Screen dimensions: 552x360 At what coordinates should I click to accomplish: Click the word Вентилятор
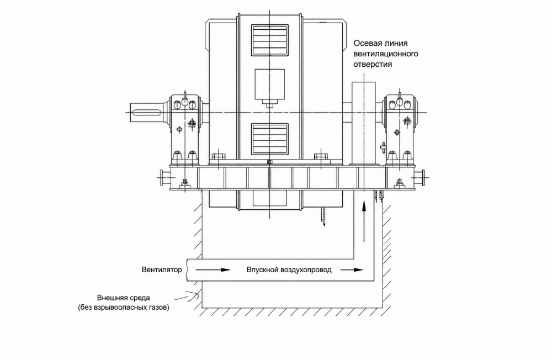click(162, 270)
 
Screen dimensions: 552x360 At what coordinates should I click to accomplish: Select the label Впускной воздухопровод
click(289, 270)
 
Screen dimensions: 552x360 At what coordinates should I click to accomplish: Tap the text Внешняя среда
click(124, 298)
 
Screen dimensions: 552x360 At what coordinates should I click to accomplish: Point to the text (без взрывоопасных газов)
click(124, 308)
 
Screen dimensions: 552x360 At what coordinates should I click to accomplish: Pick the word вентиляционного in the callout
click(386, 54)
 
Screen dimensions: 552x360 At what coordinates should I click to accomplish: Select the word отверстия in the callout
click(373, 65)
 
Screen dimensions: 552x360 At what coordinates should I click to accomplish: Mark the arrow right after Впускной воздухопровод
click(352, 270)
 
